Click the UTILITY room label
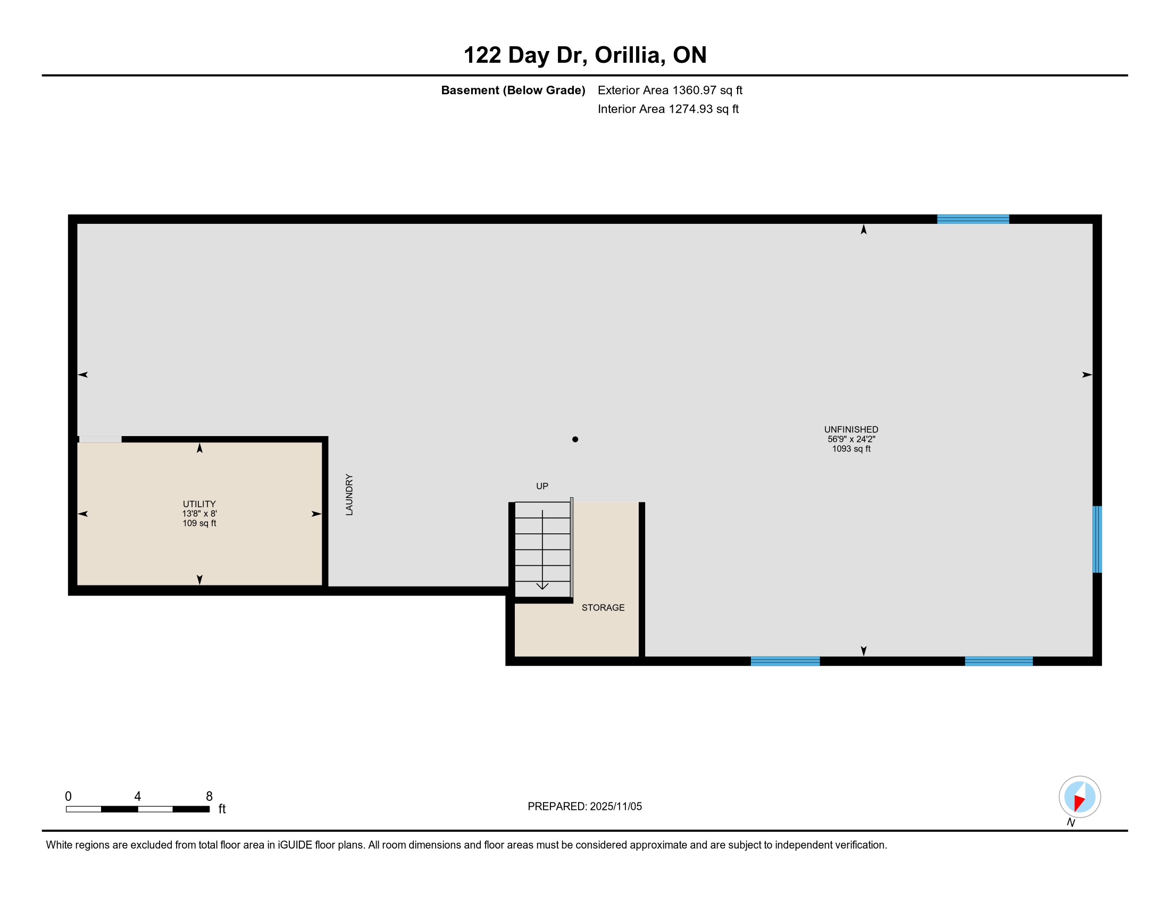point(199,504)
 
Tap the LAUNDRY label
point(349,495)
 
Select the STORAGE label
point(603,607)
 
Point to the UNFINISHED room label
point(851,430)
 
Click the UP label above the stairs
point(542,486)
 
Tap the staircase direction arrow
point(542,549)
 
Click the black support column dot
point(575,439)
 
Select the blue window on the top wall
point(973,219)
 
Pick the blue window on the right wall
point(1097,539)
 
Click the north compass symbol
point(1080,797)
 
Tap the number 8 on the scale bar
point(210,797)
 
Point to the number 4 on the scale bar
point(138,797)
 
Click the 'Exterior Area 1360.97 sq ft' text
point(670,90)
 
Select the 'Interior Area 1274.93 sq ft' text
point(668,108)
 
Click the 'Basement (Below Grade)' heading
point(513,90)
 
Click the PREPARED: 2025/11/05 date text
point(584,807)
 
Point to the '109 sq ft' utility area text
point(199,523)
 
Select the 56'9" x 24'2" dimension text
point(851,439)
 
